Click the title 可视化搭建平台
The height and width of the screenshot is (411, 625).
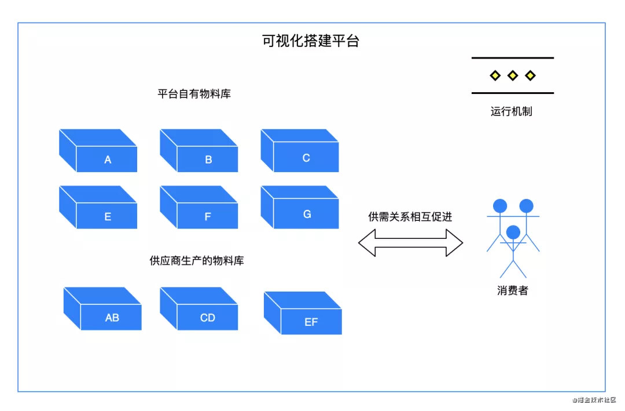[x=311, y=41]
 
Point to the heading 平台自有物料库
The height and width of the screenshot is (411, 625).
[x=194, y=94]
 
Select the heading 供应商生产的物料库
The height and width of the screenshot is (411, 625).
[x=197, y=261]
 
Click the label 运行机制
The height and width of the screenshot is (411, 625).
[x=512, y=112]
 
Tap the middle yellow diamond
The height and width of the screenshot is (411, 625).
[x=512, y=75]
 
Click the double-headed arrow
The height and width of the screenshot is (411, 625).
[x=410, y=242]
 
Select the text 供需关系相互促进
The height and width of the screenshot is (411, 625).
[x=410, y=217]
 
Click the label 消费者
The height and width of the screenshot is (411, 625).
[x=513, y=291]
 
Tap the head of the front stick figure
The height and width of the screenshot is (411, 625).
[x=513, y=232]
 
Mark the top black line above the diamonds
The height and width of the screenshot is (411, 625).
[x=512, y=58]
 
